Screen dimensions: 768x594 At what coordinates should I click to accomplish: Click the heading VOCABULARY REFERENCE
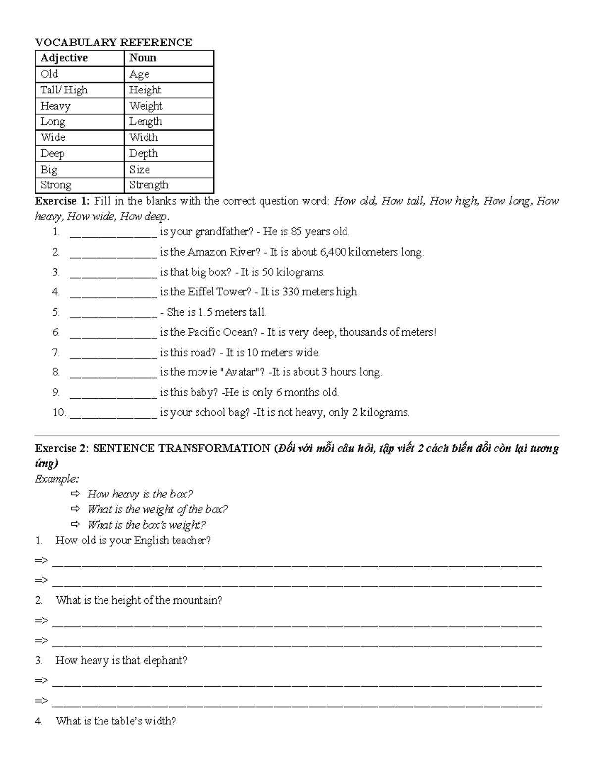(113, 43)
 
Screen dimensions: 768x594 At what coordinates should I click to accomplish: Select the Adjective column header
(64, 58)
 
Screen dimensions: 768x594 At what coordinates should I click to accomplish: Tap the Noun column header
(143, 58)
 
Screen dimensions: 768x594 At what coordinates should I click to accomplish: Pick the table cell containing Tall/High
(64, 90)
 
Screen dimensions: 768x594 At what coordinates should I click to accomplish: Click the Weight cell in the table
(146, 106)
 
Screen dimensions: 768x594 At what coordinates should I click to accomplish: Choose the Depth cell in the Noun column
(144, 154)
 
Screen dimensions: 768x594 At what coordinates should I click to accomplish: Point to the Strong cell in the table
(56, 185)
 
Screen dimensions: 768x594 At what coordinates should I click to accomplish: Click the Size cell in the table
(140, 170)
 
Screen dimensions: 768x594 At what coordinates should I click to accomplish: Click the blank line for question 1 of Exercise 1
(113, 232)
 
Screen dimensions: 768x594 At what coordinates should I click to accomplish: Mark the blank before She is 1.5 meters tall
(113, 313)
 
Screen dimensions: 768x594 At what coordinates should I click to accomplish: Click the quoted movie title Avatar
(242, 372)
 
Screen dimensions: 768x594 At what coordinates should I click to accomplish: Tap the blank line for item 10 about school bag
(113, 413)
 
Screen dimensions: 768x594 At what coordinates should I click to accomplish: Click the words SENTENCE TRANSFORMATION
(181, 449)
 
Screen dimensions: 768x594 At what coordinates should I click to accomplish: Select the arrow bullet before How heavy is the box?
(75, 494)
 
